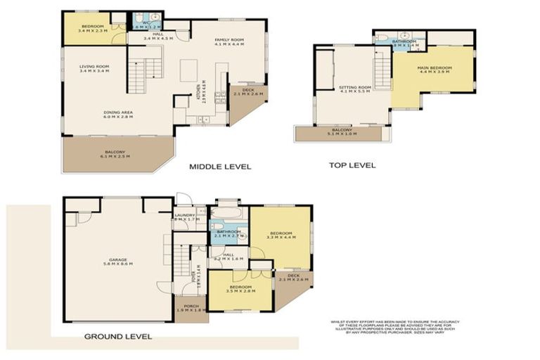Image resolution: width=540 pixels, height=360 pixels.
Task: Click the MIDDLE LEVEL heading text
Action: click(x=220, y=167)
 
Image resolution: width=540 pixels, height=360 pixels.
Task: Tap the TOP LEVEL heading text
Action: click(x=352, y=165)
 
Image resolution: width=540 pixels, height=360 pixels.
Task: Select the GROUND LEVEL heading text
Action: click(x=117, y=337)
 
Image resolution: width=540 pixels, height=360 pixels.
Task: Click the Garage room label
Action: click(x=117, y=261)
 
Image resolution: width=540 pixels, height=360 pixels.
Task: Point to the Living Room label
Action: click(x=94, y=68)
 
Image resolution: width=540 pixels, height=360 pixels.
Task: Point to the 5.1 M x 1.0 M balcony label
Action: click(x=343, y=131)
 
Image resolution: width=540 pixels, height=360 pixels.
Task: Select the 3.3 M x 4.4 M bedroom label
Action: click(x=281, y=233)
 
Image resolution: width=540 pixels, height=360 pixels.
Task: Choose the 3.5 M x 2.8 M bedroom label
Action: click(x=240, y=288)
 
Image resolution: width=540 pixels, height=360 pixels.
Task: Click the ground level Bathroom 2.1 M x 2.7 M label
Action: click(x=229, y=233)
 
